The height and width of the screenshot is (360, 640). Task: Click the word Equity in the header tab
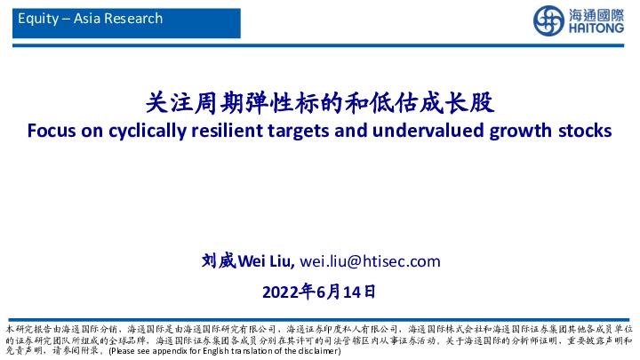pos(36,19)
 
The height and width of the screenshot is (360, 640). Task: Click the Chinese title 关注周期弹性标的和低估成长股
pos(319,103)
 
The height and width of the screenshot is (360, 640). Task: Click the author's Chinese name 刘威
pos(216,261)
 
